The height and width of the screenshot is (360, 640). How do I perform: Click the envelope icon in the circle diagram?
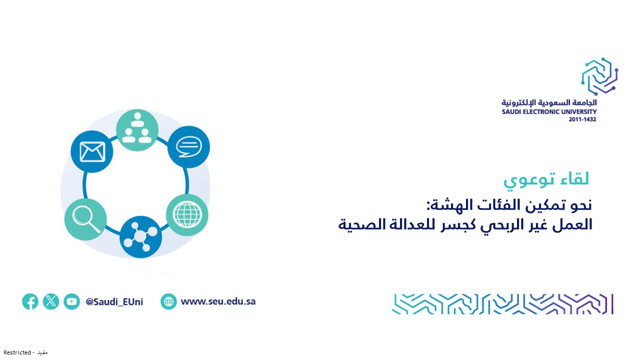click(x=92, y=151)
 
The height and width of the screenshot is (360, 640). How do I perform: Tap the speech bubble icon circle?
click(x=188, y=147)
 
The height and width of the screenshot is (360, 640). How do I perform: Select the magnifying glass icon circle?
click(x=85, y=219)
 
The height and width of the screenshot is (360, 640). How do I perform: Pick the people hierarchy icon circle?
click(x=137, y=130)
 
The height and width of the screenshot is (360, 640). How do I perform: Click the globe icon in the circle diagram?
click(x=187, y=215)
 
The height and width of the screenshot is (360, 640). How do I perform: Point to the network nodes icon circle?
click(x=140, y=237)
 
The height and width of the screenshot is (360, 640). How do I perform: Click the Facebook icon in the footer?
click(x=30, y=301)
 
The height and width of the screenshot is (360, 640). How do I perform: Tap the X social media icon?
click(x=51, y=301)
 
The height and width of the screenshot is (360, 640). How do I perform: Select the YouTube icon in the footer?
click(x=71, y=301)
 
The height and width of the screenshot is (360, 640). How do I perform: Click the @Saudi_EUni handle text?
click(x=114, y=301)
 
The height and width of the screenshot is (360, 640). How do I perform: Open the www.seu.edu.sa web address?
click(x=218, y=301)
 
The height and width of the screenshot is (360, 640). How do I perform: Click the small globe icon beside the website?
click(x=168, y=301)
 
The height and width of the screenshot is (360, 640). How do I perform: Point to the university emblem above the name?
click(x=599, y=76)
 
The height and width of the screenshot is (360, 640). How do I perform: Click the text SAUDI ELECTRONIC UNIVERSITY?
click(x=549, y=111)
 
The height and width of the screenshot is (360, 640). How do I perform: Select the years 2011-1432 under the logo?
click(x=582, y=119)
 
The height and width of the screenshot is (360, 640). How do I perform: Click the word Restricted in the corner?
click(x=17, y=352)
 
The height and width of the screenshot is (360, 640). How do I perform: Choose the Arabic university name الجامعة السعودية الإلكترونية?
click(x=549, y=102)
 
